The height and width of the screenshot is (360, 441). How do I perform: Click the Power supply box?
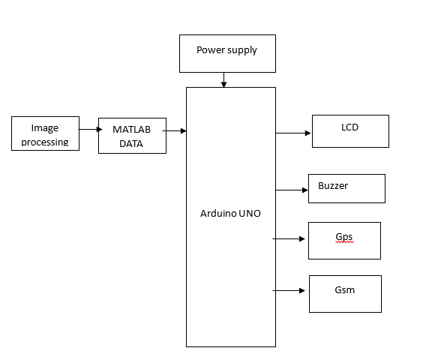(227, 53)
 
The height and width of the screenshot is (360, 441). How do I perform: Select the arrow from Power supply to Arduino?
(223, 79)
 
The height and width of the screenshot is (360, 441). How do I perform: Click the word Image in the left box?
(45, 128)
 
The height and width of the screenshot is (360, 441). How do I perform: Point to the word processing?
(45, 142)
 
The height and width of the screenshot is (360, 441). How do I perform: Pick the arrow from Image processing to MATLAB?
(90, 129)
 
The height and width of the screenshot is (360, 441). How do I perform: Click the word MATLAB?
(132, 129)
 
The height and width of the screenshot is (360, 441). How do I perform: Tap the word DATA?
(131, 144)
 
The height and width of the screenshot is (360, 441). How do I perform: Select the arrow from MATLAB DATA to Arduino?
(174, 130)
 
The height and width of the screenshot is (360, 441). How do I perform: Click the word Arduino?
(218, 214)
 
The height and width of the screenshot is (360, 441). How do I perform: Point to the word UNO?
(250, 214)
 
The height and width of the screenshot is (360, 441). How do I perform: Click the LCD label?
(349, 127)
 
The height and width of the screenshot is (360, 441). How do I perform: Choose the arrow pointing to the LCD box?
(293, 133)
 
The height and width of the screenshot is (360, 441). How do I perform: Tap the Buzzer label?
(333, 186)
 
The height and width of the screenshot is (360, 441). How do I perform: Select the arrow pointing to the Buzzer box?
(292, 190)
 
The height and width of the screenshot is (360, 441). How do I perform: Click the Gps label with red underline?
(344, 237)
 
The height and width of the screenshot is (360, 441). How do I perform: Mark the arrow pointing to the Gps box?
(289, 238)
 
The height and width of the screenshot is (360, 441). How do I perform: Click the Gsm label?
(345, 290)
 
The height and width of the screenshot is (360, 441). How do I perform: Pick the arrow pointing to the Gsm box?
(289, 290)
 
